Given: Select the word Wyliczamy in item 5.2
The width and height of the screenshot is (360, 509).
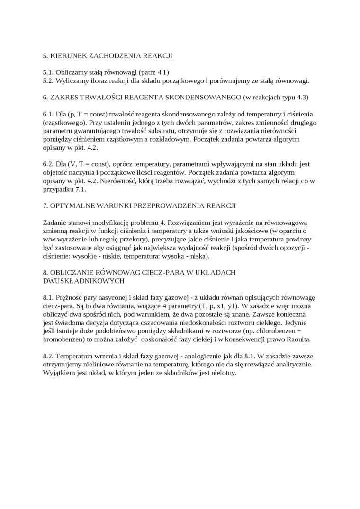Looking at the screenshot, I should click(x=72, y=81).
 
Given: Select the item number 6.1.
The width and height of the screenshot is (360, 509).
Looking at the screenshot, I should click(x=48, y=115).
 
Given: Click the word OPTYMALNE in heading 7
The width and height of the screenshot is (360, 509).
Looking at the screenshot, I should click(x=72, y=206).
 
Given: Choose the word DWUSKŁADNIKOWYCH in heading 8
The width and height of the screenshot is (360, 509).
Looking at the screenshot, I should click(x=84, y=281).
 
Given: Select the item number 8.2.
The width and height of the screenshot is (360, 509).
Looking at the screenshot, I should click(x=48, y=356).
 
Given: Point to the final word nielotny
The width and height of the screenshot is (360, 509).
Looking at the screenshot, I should click(x=223, y=373).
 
